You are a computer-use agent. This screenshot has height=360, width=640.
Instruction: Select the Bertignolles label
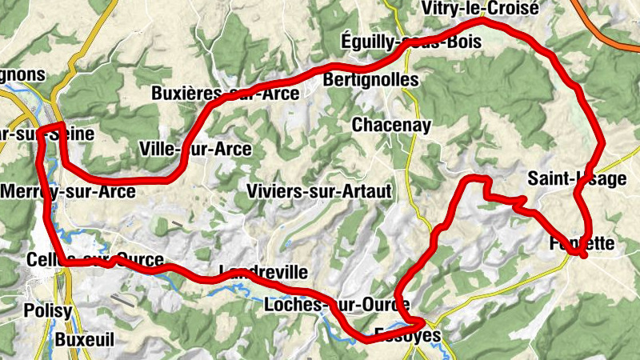click(x=370, y=81)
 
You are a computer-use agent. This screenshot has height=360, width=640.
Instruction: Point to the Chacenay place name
click(x=391, y=125)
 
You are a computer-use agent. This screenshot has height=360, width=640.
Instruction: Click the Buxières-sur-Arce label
click(x=226, y=94)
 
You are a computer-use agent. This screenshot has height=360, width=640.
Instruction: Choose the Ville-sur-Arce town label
click(x=195, y=149)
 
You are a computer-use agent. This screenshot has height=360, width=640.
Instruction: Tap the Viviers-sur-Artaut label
click(x=319, y=191)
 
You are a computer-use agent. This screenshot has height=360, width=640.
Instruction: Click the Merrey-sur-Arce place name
click(x=68, y=191)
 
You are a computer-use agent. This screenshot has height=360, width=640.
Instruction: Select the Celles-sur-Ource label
click(x=94, y=261)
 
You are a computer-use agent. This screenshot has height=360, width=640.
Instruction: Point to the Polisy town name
click(x=48, y=310)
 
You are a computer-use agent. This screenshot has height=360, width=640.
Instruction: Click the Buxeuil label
click(x=85, y=339)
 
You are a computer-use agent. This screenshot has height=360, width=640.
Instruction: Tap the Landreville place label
click(x=262, y=272)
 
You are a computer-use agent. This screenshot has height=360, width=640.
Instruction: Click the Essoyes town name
click(x=407, y=335)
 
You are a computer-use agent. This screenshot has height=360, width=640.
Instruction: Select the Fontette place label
click(x=582, y=243)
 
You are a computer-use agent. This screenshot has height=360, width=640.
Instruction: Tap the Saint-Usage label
click(x=577, y=178)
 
